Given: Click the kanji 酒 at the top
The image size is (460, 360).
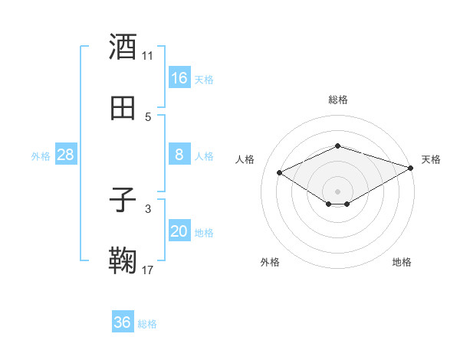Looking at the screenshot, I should pyautogui.click(x=123, y=47).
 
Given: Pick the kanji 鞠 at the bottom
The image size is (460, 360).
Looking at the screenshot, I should pyautogui.click(x=123, y=261).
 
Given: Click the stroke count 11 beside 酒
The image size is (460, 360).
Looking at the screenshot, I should pyautogui.click(x=148, y=55).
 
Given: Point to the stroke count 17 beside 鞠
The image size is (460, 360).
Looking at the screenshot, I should pyautogui.click(x=148, y=270).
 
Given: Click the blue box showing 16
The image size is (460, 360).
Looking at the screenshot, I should pyautogui.click(x=179, y=78).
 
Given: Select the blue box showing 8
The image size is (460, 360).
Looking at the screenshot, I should pyautogui.click(x=179, y=155).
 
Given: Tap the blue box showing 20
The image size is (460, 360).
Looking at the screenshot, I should pyautogui.click(x=179, y=231).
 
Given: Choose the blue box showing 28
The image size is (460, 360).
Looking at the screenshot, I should pyautogui.click(x=66, y=155).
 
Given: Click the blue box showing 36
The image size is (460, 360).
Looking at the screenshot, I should pyautogui.click(x=123, y=322).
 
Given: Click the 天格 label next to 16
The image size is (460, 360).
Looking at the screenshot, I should pyautogui.click(x=204, y=79).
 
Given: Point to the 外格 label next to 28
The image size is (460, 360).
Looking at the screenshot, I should pyautogui.click(x=41, y=155).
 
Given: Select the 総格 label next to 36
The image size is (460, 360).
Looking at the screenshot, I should pyautogui.click(x=147, y=323).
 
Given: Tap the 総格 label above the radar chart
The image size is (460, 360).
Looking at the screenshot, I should pyautogui.click(x=338, y=100).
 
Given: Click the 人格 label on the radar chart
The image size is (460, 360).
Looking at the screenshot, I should pyautogui.click(x=245, y=159).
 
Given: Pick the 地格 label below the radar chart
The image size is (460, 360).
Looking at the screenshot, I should pyautogui.click(x=402, y=262).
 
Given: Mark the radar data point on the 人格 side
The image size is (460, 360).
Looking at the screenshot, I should pyautogui.click(x=280, y=172).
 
